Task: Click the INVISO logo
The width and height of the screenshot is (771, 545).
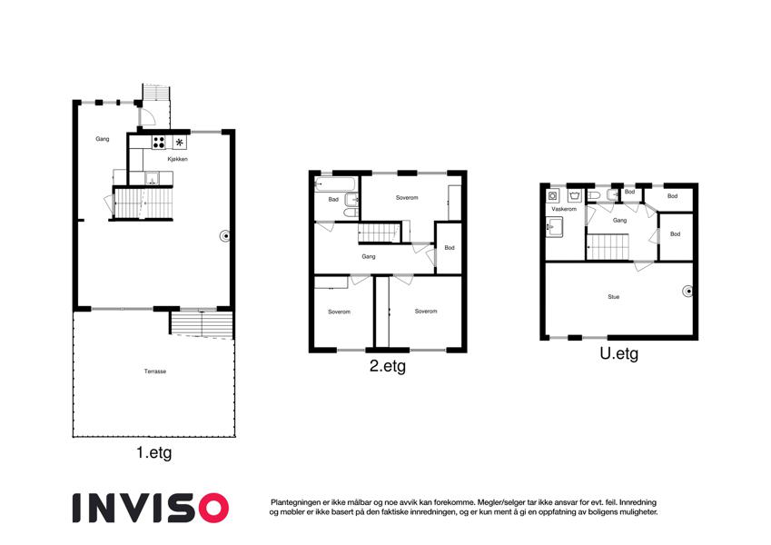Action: point(151,508)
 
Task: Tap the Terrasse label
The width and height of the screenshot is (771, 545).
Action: point(155,372)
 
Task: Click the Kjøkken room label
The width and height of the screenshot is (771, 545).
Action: point(177,159)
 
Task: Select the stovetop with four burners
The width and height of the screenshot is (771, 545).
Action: point(158,143)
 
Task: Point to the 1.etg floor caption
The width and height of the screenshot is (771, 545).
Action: point(153,452)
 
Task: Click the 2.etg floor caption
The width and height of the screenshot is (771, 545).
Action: point(388,366)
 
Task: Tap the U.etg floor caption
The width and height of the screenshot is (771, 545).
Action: point(619,353)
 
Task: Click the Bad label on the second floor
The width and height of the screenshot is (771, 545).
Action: point(333,199)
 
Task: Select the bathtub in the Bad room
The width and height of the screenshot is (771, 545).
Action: point(334,184)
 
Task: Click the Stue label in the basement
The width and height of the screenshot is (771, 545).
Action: point(614,297)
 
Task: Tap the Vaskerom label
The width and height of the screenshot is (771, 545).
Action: point(564,209)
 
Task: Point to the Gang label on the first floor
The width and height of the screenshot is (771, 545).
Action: point(103,139)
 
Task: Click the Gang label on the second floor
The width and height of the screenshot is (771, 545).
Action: point(369,256)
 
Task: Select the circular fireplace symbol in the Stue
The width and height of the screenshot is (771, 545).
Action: point(688,292)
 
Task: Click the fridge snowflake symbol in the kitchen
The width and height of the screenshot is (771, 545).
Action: point(180,143)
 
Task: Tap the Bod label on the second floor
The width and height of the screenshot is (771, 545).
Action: point(450,247)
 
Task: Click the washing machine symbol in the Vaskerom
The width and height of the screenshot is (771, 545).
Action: point(553,196)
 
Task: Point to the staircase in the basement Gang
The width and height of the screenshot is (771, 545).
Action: point(608,247)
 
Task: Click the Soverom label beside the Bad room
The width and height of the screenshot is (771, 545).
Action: point(407,198)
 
